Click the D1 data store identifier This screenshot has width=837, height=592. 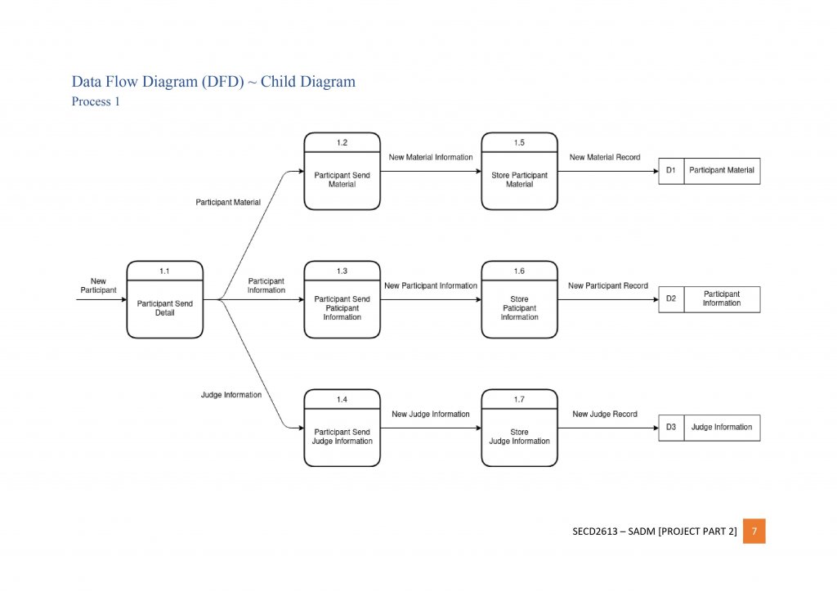671,171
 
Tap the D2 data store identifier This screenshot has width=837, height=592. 671,299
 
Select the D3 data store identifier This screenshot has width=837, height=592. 671,428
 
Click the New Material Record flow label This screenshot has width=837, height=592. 605,157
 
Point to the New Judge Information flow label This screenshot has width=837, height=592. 431,415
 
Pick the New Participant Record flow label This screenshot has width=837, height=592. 608,286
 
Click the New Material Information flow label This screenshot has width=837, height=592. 431,157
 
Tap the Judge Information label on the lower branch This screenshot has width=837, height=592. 231,395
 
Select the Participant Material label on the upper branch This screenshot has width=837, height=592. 228,201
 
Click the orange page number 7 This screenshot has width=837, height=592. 754,531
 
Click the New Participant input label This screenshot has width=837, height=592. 98,285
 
